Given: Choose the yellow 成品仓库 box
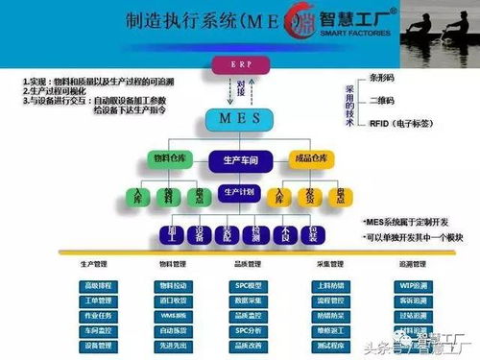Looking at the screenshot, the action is tap(314, 158).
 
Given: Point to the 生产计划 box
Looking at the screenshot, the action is tap(240, 192).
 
